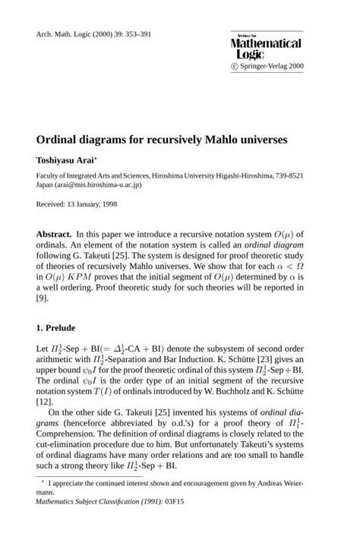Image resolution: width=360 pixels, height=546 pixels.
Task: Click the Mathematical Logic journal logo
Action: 266,48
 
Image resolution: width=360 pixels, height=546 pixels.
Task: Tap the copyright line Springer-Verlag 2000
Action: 271,67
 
